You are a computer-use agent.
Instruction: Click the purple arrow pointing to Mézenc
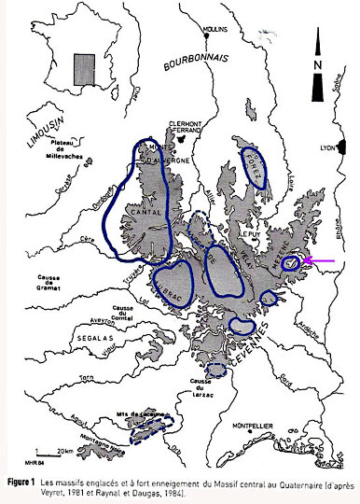pyautogui.click(x=319, y=265)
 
